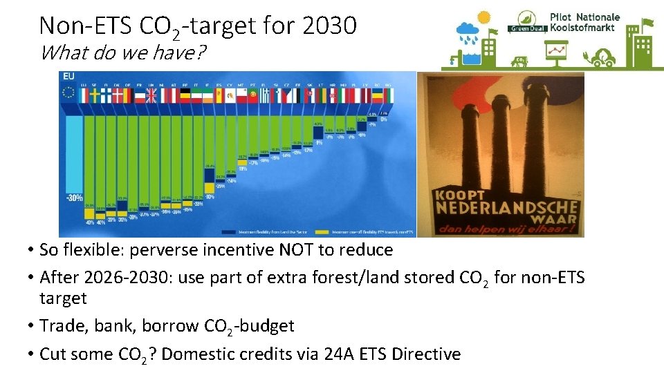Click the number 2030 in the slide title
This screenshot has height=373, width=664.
(x=329, y=26)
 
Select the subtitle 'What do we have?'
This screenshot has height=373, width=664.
(x=122, y=52)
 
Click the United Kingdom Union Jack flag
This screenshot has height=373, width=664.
(x=151, y=95)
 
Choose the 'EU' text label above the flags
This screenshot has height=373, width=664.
(x=69, y=76)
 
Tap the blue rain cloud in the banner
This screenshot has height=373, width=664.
(x=468, y=30)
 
